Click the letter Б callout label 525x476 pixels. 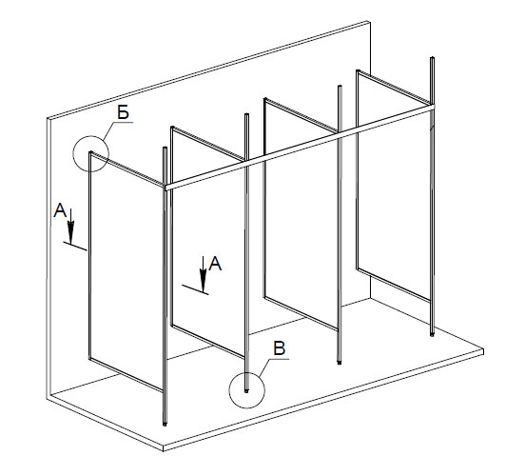(124, 112)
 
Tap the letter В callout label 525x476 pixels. (280, 348)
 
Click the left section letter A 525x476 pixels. (60, 210)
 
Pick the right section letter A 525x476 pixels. (215, 264)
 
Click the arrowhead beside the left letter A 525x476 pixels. (70, 233)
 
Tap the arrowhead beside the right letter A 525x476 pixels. (203, 281)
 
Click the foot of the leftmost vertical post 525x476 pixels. (165, 423)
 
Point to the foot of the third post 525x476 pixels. (339, 362)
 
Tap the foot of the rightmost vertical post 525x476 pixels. (432, 333)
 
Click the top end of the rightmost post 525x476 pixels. (432, 58)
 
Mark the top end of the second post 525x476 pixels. (246, 115)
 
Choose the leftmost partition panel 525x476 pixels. (126, 271)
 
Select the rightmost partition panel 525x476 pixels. (394, 185)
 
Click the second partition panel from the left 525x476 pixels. (208, 242)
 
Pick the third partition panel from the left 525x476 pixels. (301, 214)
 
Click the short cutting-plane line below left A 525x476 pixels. (75, 246)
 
